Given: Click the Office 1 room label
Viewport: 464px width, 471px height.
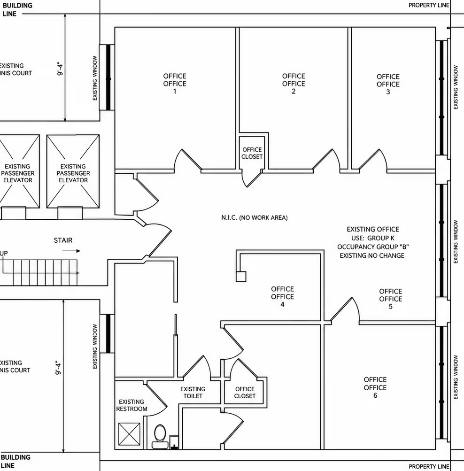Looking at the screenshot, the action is coord(175,84).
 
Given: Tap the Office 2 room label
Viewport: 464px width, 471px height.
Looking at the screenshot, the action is coord(294,84).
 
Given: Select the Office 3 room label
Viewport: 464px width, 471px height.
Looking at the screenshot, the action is coord(388,84).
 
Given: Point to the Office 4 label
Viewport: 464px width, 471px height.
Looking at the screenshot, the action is coord(282,296).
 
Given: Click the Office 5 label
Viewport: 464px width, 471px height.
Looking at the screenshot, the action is coord(390,299).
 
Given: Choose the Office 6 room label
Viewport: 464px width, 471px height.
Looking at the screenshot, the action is coord(375,387).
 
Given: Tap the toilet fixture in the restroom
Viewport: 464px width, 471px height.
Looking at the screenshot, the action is coord(160,437).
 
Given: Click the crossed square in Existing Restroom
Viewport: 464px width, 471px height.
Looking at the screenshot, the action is coord(129,434).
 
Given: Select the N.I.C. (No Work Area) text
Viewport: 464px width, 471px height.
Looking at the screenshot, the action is coord(255,217).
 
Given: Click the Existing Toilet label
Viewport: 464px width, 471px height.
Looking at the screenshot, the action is coord(193,392).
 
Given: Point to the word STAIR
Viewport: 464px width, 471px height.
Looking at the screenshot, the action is coord(63,240).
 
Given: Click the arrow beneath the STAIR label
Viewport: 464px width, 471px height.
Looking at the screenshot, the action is coord(71,251).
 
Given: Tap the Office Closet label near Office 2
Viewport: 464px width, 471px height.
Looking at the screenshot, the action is coord(252,153).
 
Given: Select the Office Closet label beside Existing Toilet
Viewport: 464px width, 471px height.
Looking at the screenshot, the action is coord(245,392).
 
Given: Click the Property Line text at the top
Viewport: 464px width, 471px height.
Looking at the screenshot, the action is coord(429,5).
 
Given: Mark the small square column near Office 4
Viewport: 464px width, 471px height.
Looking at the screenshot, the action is coord(241,276).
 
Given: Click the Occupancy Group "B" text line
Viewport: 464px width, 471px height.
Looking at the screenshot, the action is coord(373,247).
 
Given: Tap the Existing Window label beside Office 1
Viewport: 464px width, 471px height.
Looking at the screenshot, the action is coord(95,78).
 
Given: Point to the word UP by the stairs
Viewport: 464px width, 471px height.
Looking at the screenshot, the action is coord(4,253).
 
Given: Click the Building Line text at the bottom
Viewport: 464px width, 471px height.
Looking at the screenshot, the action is coord(15,461).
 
